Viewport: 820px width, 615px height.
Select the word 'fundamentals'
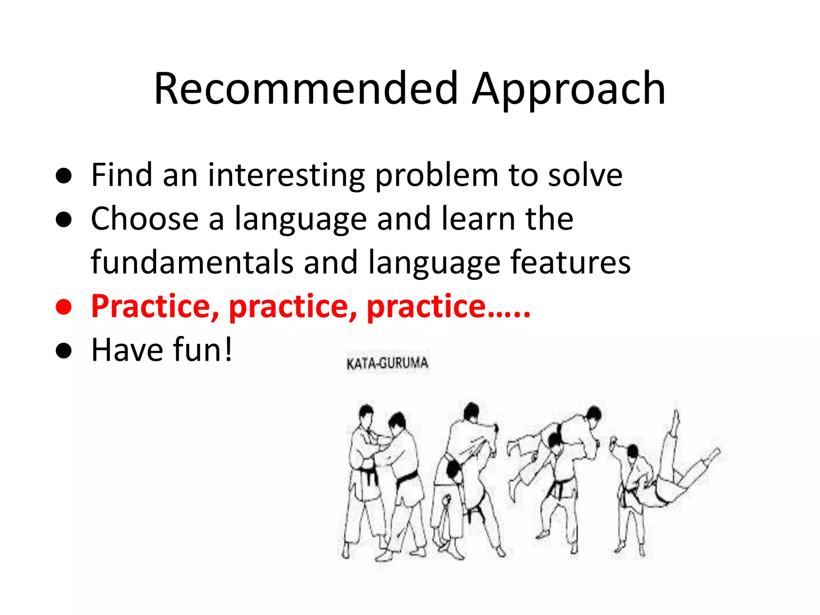pyautogui.click(x=192, y=263)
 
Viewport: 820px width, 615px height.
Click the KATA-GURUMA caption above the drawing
pyautogui.click(x=387, y=364)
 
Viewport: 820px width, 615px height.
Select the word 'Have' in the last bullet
pyautogui.click(x=127, y=350)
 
